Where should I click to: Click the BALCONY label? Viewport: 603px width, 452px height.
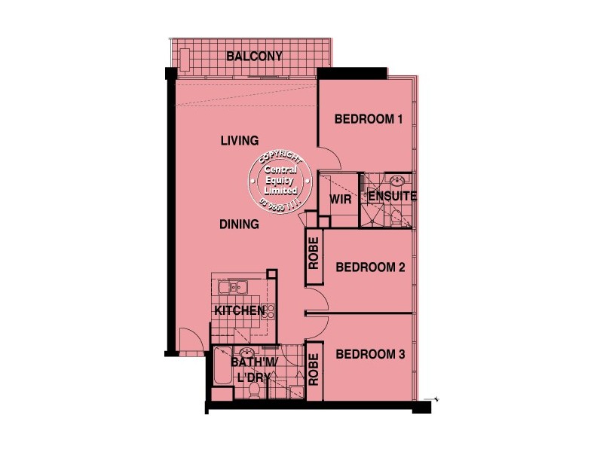click(x=254, y=56)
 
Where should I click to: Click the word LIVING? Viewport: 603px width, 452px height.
click(x=240, y=141)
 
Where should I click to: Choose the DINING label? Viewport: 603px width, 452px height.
click(x=240, y=224)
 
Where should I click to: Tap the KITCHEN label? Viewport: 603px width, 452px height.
click(x=238, y=310)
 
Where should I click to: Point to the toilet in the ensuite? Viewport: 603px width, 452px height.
click(x=396, y=218)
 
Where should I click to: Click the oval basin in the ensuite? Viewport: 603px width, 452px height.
click(x=396, y=181)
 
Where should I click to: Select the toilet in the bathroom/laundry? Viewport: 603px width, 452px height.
click(x=255, y=389)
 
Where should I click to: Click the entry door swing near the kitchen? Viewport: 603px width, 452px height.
click(x=188, y=341)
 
